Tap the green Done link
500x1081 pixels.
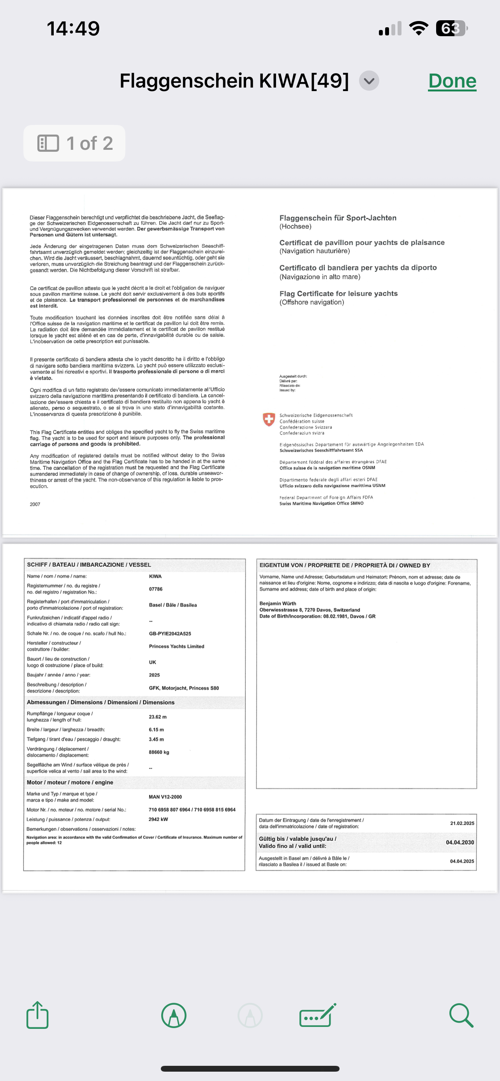[452, 81]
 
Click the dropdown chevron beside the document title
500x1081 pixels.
[369, 81]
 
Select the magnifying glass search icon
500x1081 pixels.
[461, 1015]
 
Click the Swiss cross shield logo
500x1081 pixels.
[269, 419]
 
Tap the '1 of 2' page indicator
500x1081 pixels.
[75, 143]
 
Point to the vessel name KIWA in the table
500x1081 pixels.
[155, 576]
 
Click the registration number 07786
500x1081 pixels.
[156, 589]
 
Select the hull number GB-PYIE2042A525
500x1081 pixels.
[170, 633]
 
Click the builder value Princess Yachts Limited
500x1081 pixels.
[176, 646]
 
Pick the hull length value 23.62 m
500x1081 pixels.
[157, 717]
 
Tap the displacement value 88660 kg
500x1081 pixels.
[159, 752]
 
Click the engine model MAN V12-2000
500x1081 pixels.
[165, 797]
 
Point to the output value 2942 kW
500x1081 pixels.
[158, 819]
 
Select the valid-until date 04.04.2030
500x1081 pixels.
[460, 842]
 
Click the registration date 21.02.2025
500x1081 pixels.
[462, 823]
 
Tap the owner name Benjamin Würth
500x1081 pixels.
[278, 604]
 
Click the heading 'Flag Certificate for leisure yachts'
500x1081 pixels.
[338, 293]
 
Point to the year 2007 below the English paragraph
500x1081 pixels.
[35, 504]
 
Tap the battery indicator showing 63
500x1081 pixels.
[451, 28]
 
